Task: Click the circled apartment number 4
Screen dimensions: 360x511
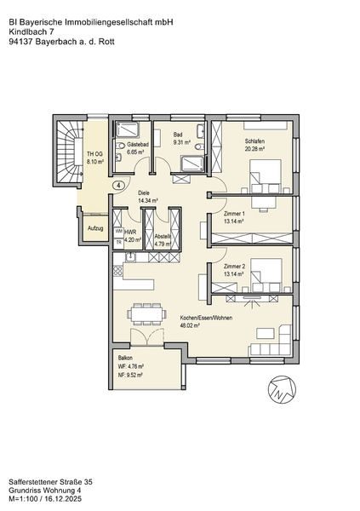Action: [x=119, y=186]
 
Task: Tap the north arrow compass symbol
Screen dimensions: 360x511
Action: [x=283, y=389]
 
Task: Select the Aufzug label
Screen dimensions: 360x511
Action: [x=95, y=228]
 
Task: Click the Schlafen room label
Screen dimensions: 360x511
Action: [x=254, y=141]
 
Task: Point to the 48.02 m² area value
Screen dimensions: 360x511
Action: [x=190, y=325]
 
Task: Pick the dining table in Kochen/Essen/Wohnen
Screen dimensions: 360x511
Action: [x=146, y=313]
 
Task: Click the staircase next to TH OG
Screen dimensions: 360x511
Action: [x=69, y=152]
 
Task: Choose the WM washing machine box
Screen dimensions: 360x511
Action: [x=118, y=231]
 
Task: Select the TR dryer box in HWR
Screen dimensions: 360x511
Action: [x=118, y=243]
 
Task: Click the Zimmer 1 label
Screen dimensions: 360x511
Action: [x=234, y=214]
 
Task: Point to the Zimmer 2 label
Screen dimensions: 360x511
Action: [x=234, y=267]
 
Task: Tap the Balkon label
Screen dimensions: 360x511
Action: [x=125, y=358]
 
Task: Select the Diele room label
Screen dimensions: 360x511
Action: [x=144, y=193]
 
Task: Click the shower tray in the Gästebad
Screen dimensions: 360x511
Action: [x=128, y=129]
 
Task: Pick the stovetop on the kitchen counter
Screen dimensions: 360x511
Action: [x=118, y=271]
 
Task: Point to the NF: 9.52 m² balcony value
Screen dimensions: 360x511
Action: [x=131, y=375]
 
